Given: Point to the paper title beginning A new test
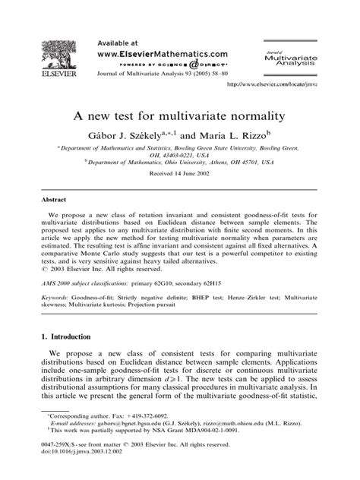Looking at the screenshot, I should pos(179,116).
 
